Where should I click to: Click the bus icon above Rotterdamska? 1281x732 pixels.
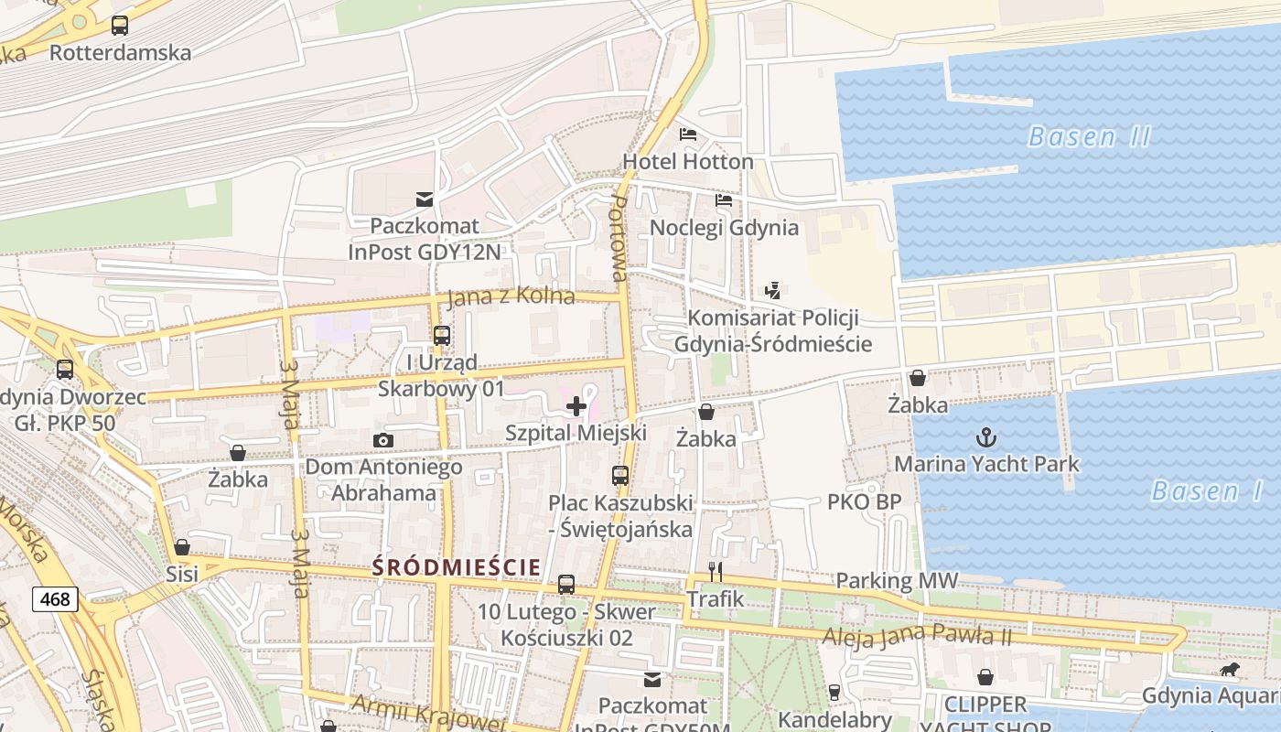120,26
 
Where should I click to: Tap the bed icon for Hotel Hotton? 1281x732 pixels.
688,135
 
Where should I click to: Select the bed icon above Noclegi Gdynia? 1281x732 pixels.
724,199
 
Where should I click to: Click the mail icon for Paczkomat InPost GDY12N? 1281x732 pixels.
425,199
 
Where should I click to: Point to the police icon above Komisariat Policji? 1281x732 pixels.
773,291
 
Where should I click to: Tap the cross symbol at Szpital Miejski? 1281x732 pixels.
576,406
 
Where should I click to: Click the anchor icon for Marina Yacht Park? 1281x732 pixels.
986,436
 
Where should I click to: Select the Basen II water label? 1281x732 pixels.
1089,137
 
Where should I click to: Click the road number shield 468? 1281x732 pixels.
55,599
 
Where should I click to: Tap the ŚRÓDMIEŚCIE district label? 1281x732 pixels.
457,567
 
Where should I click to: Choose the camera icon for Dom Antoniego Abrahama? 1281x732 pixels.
383,441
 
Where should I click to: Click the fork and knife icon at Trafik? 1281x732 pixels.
716,572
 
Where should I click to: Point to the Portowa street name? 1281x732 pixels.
619,238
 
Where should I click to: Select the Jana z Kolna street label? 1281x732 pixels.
511,296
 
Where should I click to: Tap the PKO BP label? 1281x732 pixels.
864,501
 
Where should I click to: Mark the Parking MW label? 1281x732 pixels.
897,581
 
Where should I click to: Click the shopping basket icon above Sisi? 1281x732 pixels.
182,547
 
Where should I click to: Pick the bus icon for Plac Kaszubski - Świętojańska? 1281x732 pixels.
620,476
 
